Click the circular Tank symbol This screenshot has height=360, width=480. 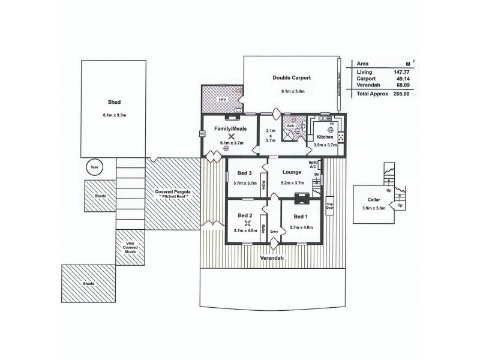click(94, 169)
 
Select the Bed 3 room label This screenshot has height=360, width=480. click(244, 173)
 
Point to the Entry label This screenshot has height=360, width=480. click(274, 231)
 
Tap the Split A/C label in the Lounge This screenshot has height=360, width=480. click(313, 165)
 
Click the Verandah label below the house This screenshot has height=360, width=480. click(272, 259)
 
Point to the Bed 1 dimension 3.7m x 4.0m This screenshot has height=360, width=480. click(301, 227)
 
